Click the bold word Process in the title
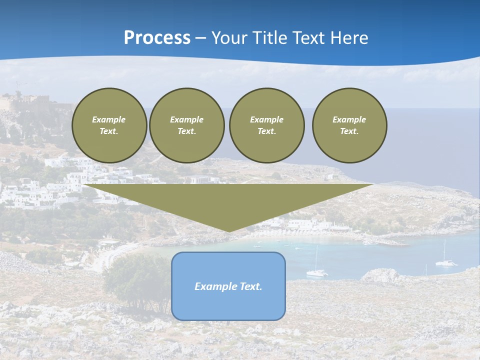click(157, 38)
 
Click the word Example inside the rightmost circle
click(349, 119)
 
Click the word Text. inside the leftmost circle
click(109, 131)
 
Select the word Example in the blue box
click(213, 286)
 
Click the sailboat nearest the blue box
click(316, 271)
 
